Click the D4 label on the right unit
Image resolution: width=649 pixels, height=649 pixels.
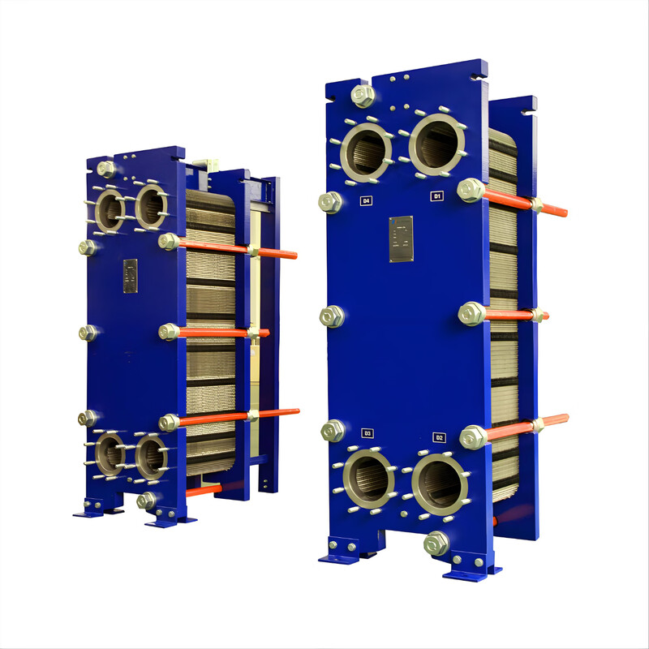coord(366,200)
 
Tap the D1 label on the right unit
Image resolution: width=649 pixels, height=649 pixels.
coord(437,196)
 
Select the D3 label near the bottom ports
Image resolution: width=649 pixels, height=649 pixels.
coord(367,433)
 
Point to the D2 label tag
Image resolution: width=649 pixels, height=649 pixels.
coord(439,437)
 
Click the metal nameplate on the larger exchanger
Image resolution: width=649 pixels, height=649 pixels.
coord(401,239)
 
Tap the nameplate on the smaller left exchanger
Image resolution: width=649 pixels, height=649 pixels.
coord(130,276)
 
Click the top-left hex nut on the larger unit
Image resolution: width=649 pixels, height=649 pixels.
coord(363,96)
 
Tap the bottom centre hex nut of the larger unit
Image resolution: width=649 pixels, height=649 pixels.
coord(436,543)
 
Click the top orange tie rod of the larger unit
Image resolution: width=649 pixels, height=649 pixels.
coord(527,203)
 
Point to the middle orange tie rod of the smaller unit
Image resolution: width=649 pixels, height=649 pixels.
coord(219,332)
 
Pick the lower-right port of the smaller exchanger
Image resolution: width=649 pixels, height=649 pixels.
coord(150,458)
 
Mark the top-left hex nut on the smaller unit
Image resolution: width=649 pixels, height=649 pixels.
coord(105,169)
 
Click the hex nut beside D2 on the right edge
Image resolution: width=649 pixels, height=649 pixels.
coord(473,437)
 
